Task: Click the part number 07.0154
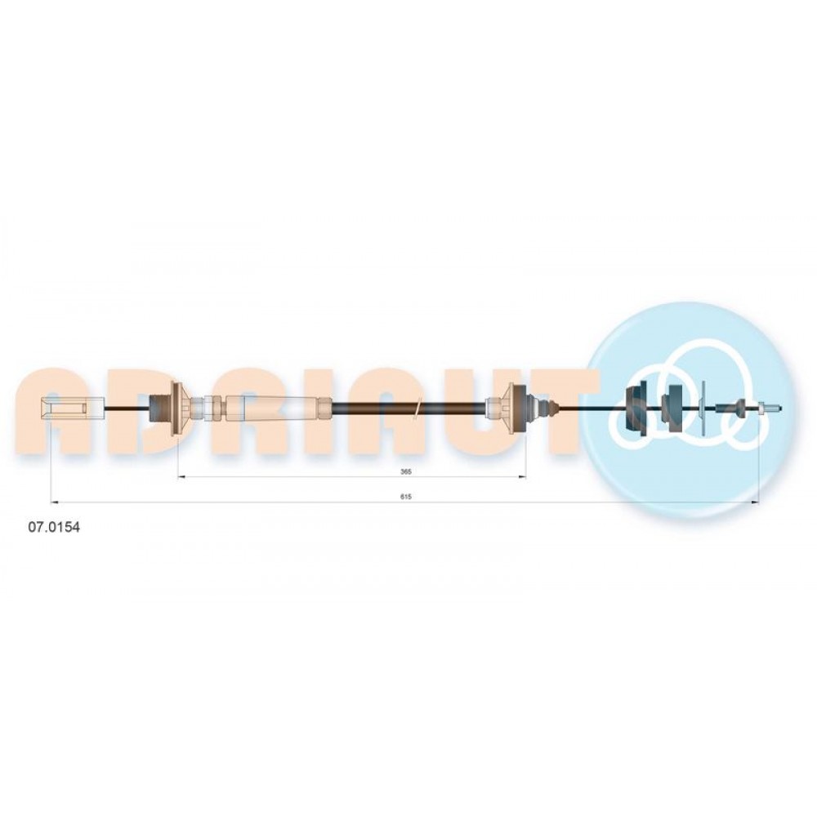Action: [x=54, y=527]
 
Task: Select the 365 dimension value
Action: [x=406, y=471]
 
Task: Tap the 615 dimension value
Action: [x=406, y=497]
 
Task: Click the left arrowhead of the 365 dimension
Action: [x=182, y=477]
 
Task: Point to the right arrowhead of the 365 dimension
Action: [x=522, y=477]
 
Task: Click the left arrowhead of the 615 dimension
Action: [x=54, y=502]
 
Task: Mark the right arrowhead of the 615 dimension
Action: [x=755, y=502]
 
